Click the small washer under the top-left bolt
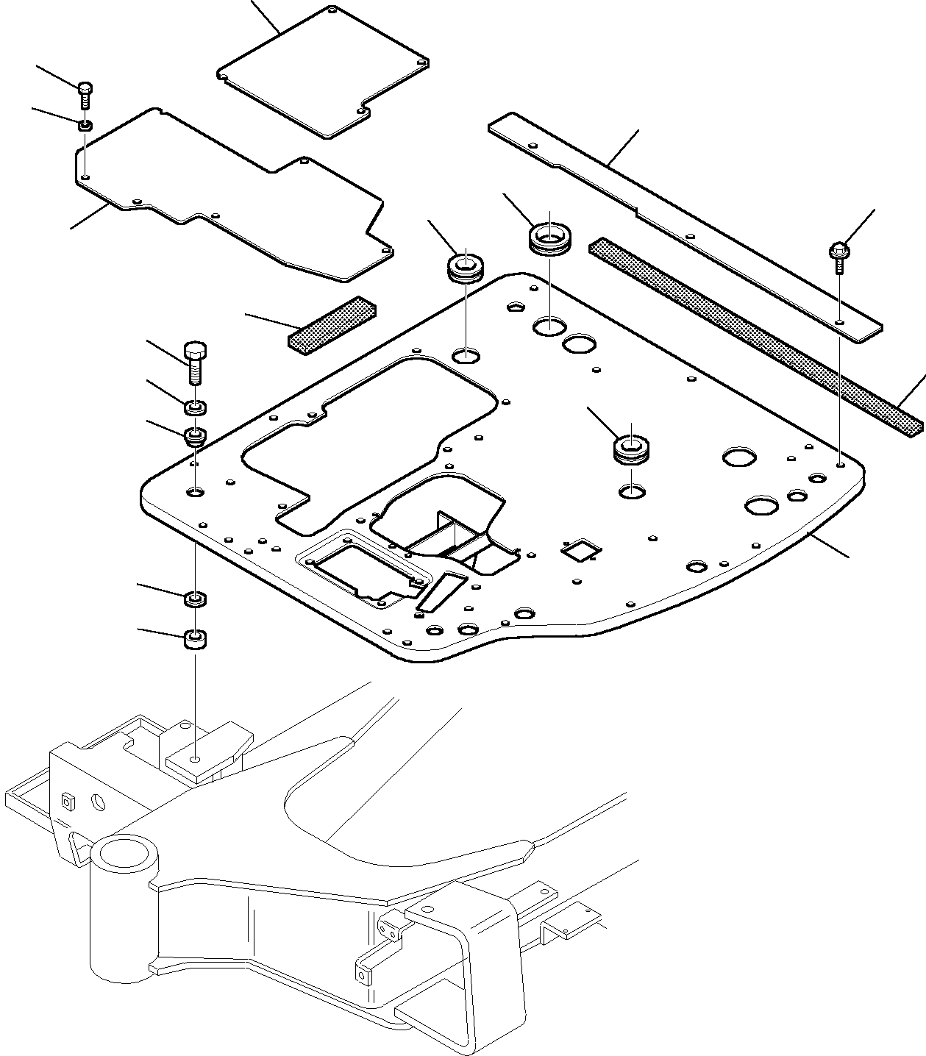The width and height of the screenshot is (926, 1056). pyautogui.click(x=85, y=126)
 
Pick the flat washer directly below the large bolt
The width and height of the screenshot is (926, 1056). pyautogui.click(x=195, y=406)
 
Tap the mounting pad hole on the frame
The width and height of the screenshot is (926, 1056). pyautogui.click(x=194, y=758)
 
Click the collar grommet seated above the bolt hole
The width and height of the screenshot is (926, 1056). pyautogui.click(x=195, y=437)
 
